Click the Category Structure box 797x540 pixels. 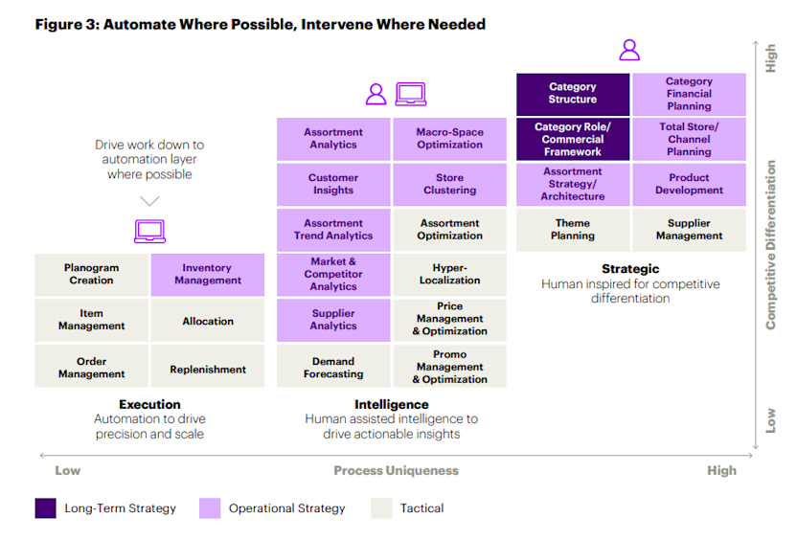tap(573, 94)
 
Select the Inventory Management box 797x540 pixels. tap(207, 275)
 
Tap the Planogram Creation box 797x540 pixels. tap(91, 275)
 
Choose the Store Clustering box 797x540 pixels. tap(449, 184)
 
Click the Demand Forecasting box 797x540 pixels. tap(333, 369)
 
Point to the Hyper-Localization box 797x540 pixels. tap(449, 275)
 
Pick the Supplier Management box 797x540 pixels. tap(689, 230)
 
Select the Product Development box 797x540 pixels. tap(689, 184)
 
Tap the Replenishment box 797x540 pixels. tap(207, 370)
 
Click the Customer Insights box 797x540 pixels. tap(333, 184)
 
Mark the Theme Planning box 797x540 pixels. tap(573, 230)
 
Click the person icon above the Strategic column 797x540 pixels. tap(628, 50)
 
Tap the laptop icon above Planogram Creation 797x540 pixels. tap(149, 231)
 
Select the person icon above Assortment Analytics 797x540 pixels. tap(376, 94)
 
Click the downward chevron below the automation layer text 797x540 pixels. tap(149, 201)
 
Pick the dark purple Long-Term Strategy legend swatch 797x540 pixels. tap(46, 508)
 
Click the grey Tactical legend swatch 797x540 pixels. tap(381, 508)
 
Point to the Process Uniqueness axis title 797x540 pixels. tap(396, 470)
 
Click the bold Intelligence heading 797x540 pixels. tap(391, 405)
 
